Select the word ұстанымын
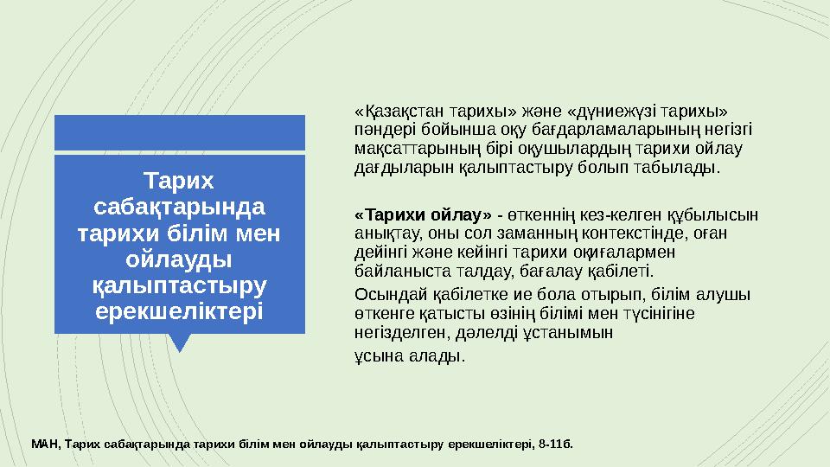coord(578,330)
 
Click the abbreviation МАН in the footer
coord(44,445)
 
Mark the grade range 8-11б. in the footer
coord(554,445)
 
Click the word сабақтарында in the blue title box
coord(180,208)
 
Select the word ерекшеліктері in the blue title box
coord(180,310)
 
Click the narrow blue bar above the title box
coord(180,131)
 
